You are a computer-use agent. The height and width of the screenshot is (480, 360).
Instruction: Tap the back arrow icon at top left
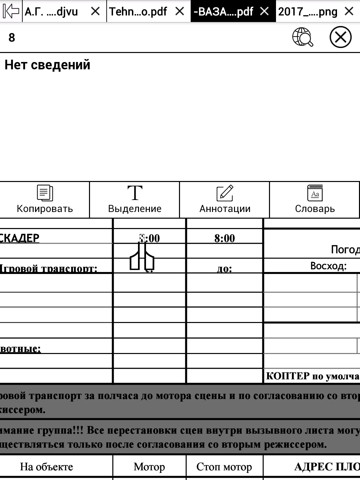pyautogui.click(x=11, y=11)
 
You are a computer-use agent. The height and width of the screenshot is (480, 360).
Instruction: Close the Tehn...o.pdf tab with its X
pyautogui.click(x=180, y=11)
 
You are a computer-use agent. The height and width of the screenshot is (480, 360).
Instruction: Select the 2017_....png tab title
pyautogui.click(x=308, y=12)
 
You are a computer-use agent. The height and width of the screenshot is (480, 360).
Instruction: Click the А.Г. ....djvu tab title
pyautogui.click(x=51, y=12)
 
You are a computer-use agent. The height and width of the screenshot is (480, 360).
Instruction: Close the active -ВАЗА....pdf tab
pyautogui.click(x=264, y=11)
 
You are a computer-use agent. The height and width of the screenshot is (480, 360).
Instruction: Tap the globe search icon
pyautogui.click(x=303, y=37)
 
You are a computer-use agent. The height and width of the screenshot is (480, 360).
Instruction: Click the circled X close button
pyautogui.click(x=340, y=37)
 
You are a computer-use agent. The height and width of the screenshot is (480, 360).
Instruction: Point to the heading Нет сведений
pyautogui.click(x=47, y=65)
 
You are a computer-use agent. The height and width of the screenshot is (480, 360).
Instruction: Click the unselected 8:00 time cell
pyautogui.click(x=224, y=238)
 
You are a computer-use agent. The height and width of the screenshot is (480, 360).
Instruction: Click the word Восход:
pyautogui.click(x=328, y=266)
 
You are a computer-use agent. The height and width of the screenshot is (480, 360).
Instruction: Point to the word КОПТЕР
pyautogui.click(x=288, y=376)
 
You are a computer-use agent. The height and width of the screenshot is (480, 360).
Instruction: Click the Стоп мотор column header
pyautogui.click(x=224, y=467)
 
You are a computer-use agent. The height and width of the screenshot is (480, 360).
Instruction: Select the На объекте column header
pyautogui.click(x=46, y=467)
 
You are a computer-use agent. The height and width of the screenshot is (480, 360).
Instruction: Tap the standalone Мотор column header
pyautogui.click(x=149, y=467)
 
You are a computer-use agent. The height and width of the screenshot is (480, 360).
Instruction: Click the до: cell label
pyautogui.click(x=224, y=268)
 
